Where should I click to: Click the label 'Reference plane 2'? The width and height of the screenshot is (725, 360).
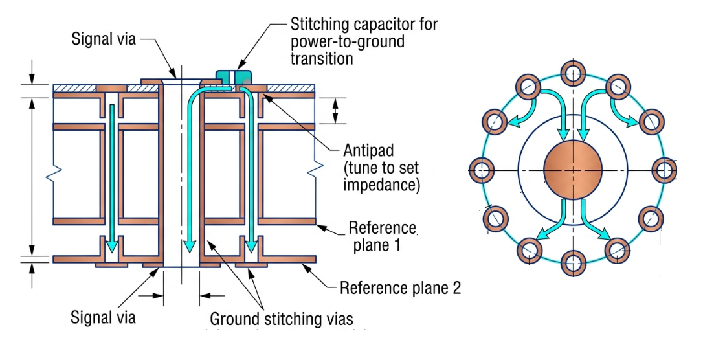[401, 288]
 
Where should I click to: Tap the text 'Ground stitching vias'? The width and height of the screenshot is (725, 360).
[282, 319]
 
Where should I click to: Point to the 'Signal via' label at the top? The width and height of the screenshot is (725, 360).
[104, 39]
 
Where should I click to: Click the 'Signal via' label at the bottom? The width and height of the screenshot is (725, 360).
[103, 318]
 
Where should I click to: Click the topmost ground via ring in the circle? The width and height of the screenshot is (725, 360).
[573, 73]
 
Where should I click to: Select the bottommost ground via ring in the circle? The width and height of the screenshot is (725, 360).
[573, 264]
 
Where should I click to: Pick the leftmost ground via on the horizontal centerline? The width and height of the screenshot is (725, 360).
[482, 169]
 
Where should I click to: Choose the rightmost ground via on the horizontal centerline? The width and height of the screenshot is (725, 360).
[664, 169]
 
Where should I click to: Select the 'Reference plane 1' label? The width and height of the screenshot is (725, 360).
[381, 236]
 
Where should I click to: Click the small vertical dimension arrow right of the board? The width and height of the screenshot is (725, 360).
[336, 111]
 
